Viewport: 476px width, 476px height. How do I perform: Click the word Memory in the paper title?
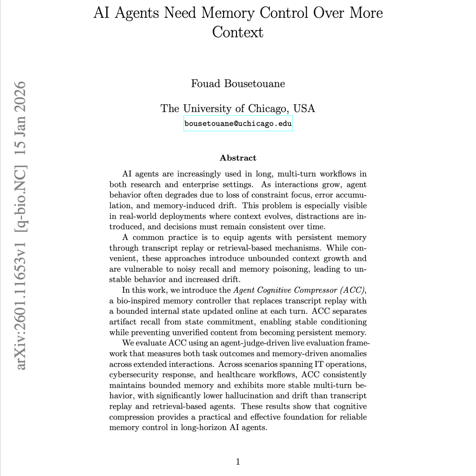(x=228, y=13)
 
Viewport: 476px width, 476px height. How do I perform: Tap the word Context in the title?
(x=238, y=32)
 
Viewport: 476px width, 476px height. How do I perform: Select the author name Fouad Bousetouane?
(x=238, y=83)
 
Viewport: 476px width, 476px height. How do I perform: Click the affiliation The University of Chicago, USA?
(x=238, y=108)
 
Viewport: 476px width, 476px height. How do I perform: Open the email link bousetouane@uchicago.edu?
(x=238, y=124)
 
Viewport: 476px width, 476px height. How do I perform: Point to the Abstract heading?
(x=238, y=158)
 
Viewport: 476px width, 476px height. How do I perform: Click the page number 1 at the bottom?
(x=238, y=462)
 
